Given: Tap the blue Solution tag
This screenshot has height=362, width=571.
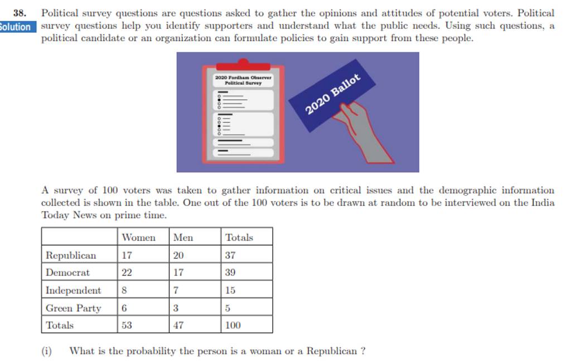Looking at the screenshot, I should point(17,26).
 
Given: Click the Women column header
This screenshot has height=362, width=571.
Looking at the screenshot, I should point(138,238).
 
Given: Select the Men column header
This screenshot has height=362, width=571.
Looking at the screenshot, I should point(183,238).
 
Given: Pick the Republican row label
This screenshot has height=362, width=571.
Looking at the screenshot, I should point(71,256).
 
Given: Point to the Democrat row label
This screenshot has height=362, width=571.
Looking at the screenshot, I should point(68,273).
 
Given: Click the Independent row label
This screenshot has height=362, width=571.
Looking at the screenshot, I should point(74,290).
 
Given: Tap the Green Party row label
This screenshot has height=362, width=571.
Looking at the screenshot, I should point(74,308).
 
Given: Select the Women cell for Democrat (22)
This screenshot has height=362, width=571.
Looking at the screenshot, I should point(128,273).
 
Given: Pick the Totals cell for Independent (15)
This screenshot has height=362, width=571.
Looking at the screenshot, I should point(230,290).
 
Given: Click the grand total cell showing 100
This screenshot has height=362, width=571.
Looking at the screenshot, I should point(233,325).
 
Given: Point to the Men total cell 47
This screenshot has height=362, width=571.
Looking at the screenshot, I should point(178,325).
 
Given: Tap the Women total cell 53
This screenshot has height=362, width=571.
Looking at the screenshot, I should point(127,325).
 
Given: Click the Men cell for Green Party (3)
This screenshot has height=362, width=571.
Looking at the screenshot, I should point(176,308).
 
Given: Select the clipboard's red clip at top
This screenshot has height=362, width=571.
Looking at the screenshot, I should point(243,63).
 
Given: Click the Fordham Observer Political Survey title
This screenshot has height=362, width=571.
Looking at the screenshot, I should point(243,81).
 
